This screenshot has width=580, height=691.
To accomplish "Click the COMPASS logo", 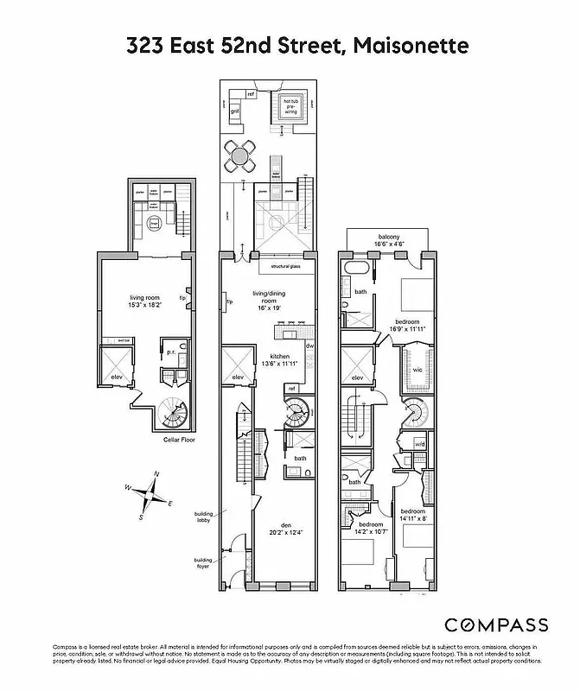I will pos(496,624).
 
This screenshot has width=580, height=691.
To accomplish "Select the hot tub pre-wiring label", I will pos(290,105).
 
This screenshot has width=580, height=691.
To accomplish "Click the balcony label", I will pos(387,238).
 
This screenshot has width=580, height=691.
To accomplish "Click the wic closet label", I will pos(417,369).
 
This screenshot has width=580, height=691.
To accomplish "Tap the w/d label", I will pos(420,445).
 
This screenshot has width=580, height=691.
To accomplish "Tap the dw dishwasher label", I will pos(309,346).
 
